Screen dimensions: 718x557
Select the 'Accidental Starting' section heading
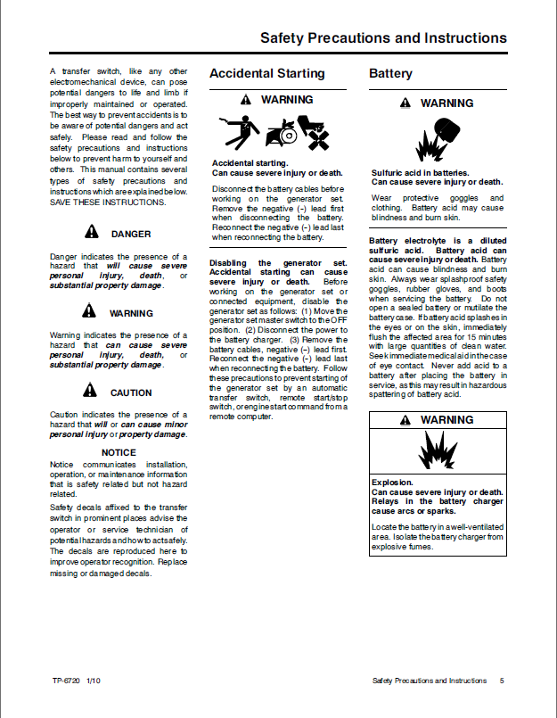point(266,74)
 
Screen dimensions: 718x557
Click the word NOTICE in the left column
point(119,452)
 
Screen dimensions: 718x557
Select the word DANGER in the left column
point(130,235)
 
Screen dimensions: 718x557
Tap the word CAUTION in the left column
point(130,392)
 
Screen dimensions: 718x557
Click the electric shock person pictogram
point(234,134)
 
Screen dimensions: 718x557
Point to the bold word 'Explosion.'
point(392,483)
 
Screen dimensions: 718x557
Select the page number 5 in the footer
point(502,681)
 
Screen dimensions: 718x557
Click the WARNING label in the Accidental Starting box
point(286,101)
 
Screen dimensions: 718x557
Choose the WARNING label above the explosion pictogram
point(446,420)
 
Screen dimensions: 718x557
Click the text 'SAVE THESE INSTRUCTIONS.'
point(108,202)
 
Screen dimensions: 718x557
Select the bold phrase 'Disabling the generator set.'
point(277,263)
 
